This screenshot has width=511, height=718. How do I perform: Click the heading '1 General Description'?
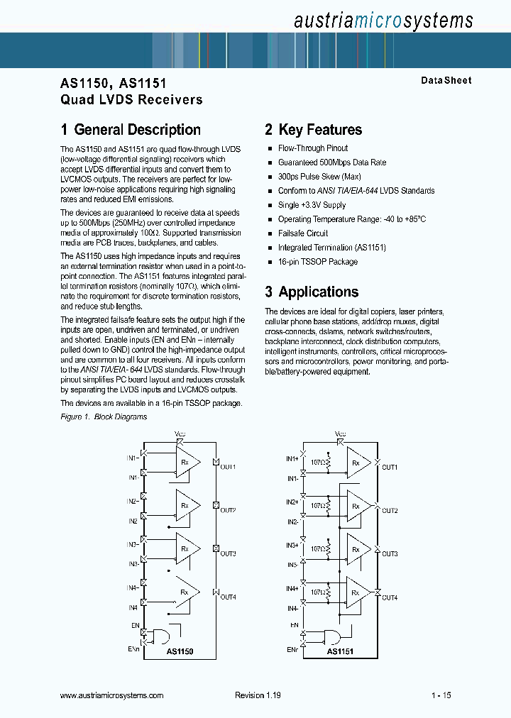(x=131, y=130)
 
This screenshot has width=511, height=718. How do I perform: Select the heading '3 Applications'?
(x=312, y=292)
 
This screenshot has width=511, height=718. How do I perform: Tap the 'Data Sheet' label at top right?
(x=446, y=81)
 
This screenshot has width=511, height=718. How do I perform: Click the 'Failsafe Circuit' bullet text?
(x=303, y=233)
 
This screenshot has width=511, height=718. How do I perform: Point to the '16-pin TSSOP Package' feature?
(x=318, y=262)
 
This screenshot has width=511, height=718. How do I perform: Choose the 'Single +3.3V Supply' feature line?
(x=312, y=205)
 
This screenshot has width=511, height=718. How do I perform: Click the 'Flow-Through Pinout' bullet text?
(x=313, y=148)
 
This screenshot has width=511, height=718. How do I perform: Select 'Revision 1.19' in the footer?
(x=258, y=696)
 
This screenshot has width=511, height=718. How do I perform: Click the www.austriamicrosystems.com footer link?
(x=112, y=696)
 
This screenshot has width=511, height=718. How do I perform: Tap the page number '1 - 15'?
(x=440, y=696)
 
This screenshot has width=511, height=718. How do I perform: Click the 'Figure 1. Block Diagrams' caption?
(x=104, y=417)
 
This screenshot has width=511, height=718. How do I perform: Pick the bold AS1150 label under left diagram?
(x=180, y=651)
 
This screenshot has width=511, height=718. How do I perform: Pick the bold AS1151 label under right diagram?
(x=340, y=651)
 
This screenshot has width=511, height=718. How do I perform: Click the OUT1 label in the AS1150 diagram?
(x=227, y=467)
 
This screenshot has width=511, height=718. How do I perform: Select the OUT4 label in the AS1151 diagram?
(x=390, y=598)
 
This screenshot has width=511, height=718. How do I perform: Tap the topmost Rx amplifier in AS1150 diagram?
(x=187, y=462)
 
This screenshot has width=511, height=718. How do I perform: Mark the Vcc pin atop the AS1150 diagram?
(x=179, y=434)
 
